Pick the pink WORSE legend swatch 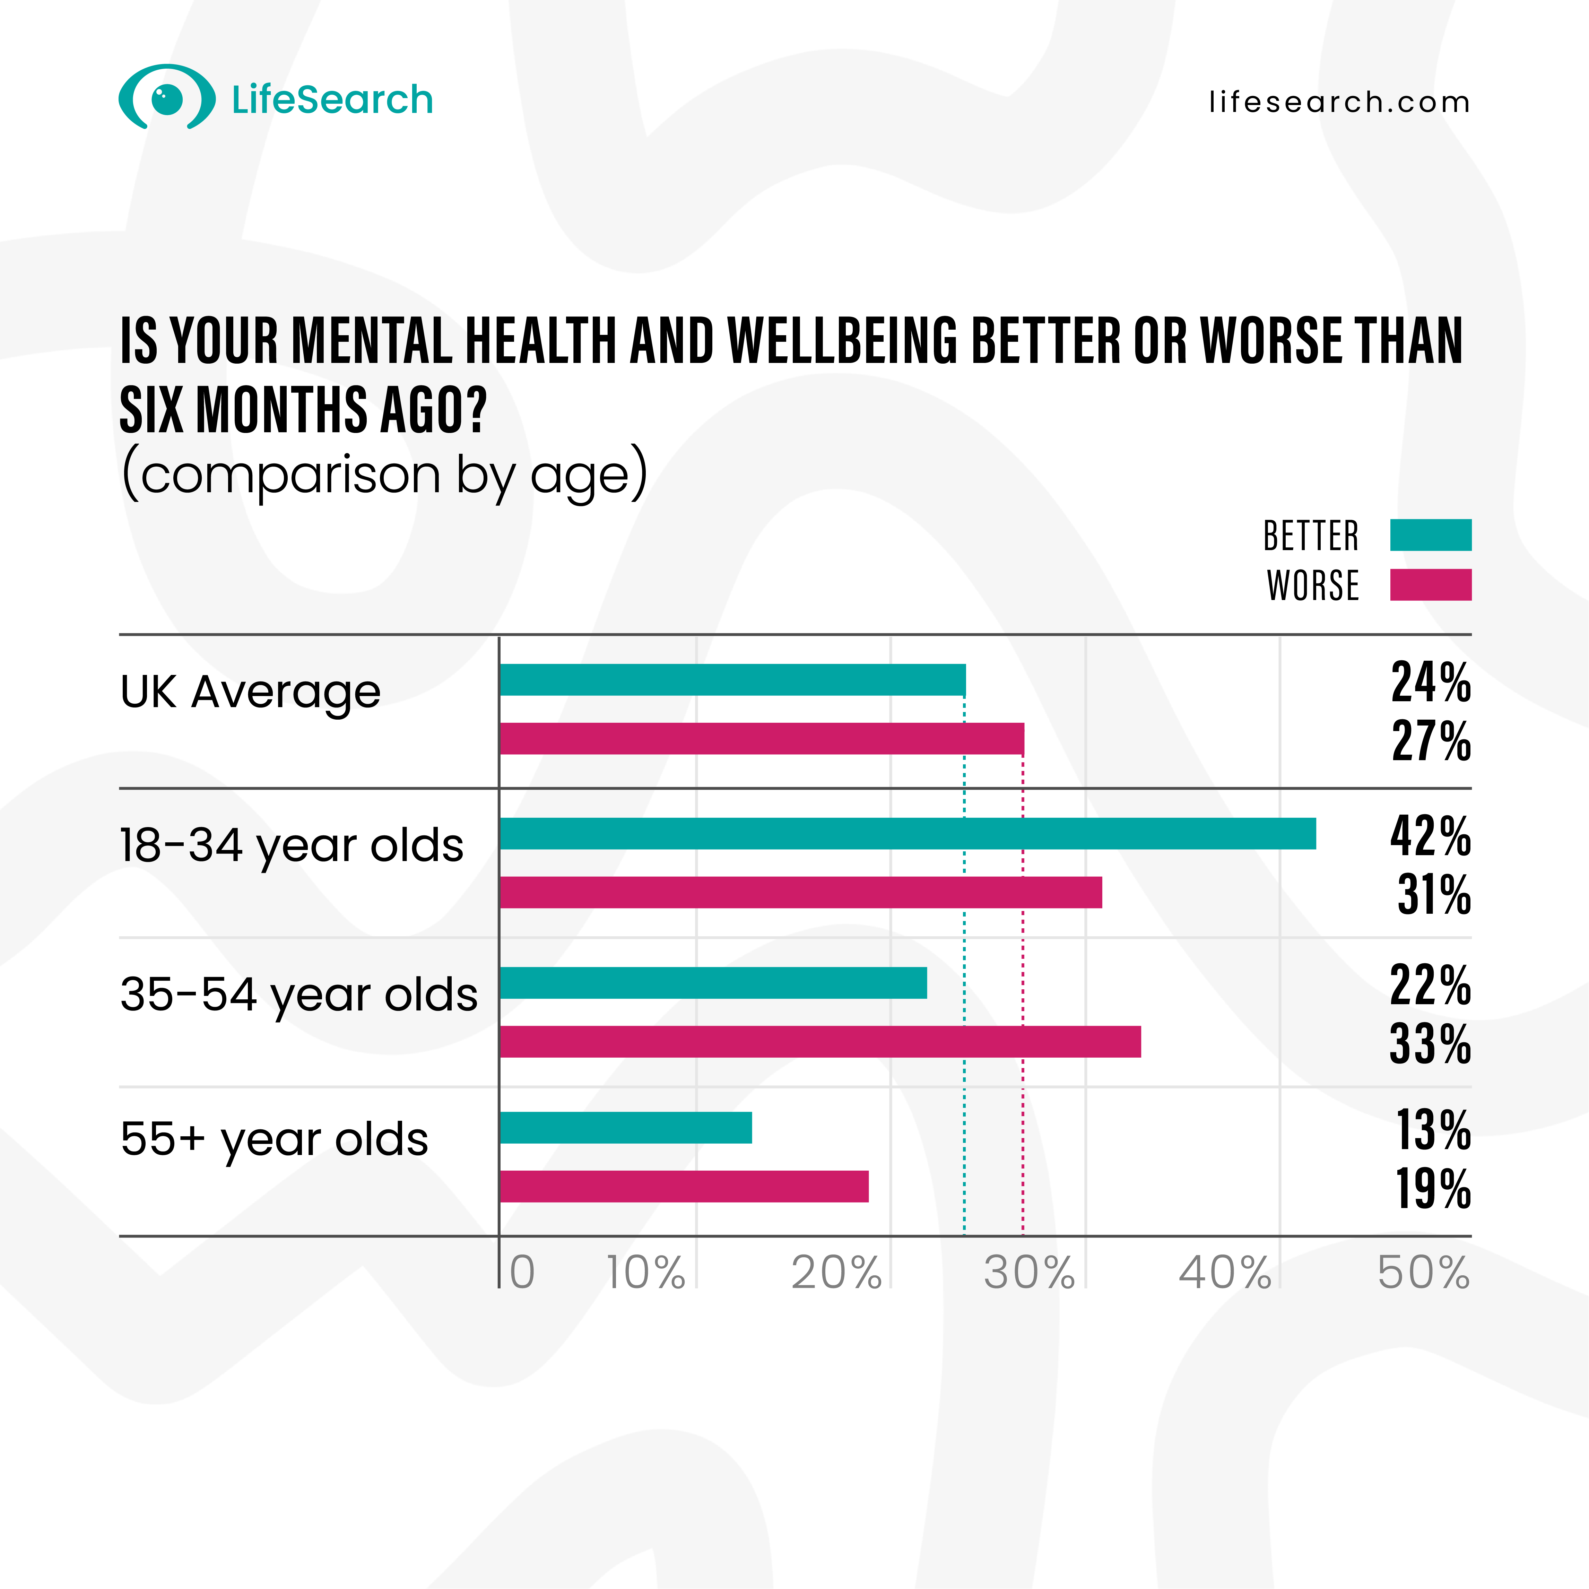pos(1430,585)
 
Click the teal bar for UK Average pos(732,680)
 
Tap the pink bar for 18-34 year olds pos(800,892)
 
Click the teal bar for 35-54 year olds pos(713,983)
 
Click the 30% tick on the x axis pos(1029,1273)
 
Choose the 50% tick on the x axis pos(1423,1273)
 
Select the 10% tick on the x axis pos(646,1273)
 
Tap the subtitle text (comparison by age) pos(384,475)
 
